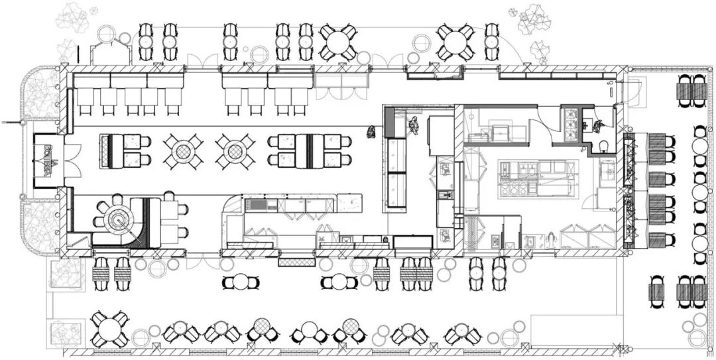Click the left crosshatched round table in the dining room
coord(182,151)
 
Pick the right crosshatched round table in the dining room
coord(234,151)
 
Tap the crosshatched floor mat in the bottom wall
coord(294,263)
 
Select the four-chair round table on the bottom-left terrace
coord(109,328)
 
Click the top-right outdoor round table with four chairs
coord(456,42)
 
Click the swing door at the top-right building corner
coord(632,90)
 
